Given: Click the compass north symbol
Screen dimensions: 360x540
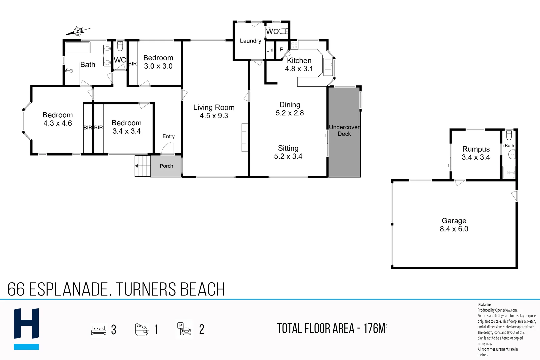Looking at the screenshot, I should pos(78,31).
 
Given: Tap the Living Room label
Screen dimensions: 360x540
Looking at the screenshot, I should pos(214,107).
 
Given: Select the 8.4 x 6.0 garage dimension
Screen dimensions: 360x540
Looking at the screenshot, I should pos(454,229).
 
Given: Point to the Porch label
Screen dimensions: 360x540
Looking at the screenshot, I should pos(166,166).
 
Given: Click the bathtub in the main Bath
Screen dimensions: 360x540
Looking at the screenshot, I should pos(77,47).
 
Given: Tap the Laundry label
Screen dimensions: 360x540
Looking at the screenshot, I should pos(250,41).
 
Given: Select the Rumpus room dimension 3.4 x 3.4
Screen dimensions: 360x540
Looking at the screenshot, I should pos(476,157).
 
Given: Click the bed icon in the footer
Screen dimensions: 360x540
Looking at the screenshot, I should pos(99,330).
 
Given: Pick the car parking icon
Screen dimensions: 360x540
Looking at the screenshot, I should pos(184,329).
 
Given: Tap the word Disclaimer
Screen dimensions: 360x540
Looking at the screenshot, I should pos(484,304).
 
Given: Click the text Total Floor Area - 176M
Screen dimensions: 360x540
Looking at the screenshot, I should pos(332,329).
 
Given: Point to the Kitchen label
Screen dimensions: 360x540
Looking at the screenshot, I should pos(299,61).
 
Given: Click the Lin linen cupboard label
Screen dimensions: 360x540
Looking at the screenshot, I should pos(270,50).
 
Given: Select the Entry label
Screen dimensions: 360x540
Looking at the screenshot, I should pos(168,136).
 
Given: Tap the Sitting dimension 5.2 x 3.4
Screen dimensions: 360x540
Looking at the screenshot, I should pos(288,156).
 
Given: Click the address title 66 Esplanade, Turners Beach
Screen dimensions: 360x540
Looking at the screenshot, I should pos(116,289).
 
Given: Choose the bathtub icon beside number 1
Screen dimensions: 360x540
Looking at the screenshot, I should pos(141,329).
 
